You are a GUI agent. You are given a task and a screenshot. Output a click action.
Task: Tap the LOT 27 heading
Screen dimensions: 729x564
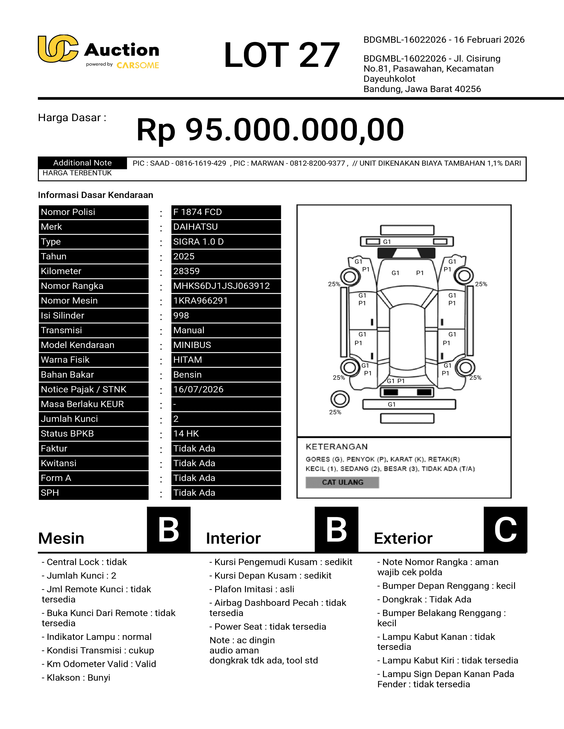[282, 55]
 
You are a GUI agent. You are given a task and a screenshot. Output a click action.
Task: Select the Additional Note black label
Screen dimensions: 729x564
[82, 163]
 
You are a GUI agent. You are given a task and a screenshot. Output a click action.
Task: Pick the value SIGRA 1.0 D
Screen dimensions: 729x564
[198, 242]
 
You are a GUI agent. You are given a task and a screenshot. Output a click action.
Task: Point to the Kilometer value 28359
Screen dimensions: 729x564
[186, 271]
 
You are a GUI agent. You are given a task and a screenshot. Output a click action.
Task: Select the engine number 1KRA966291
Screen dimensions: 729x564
[200, 301]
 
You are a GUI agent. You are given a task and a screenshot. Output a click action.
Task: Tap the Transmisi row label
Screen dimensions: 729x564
[61, 330]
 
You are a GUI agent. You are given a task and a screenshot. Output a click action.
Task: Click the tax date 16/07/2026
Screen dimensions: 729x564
[198, 389]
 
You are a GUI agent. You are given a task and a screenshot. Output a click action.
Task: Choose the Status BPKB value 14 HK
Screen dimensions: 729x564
[186, 434]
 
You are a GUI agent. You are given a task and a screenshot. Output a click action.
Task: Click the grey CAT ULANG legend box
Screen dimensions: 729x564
[342, 482]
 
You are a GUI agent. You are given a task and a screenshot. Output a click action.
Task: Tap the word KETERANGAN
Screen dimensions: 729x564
[336, 447]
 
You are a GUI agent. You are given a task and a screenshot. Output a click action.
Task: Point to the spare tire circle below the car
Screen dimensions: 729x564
[340, 399]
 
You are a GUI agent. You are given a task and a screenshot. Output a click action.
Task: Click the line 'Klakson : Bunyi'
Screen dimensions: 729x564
[76, 678]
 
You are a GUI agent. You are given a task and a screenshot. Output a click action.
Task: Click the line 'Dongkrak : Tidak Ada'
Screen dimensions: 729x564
[424, 600]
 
